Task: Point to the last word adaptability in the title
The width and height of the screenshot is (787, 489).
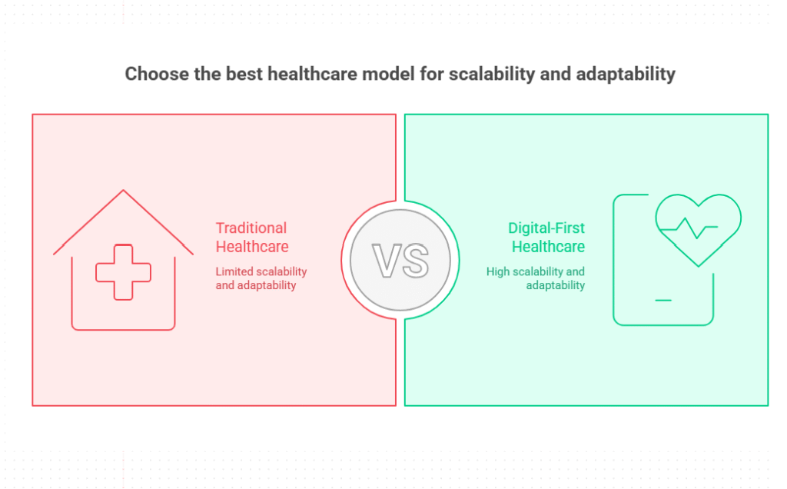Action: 626,75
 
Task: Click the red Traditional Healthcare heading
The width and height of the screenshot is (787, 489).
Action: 252,237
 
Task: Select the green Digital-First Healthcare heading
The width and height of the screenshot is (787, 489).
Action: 546,237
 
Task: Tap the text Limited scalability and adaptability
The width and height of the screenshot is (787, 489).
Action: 261,278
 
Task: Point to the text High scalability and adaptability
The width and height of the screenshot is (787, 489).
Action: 536,278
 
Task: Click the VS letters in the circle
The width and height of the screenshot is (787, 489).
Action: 400,261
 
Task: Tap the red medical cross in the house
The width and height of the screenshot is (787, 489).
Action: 123,272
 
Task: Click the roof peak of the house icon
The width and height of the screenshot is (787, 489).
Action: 123,190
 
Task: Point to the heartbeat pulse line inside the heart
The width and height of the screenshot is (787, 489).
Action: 689,228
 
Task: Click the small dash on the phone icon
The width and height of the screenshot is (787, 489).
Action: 663,300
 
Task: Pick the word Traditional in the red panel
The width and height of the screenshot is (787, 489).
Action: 251,228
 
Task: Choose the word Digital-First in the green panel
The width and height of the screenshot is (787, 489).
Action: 546,228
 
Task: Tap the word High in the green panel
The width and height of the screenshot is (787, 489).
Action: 497,271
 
